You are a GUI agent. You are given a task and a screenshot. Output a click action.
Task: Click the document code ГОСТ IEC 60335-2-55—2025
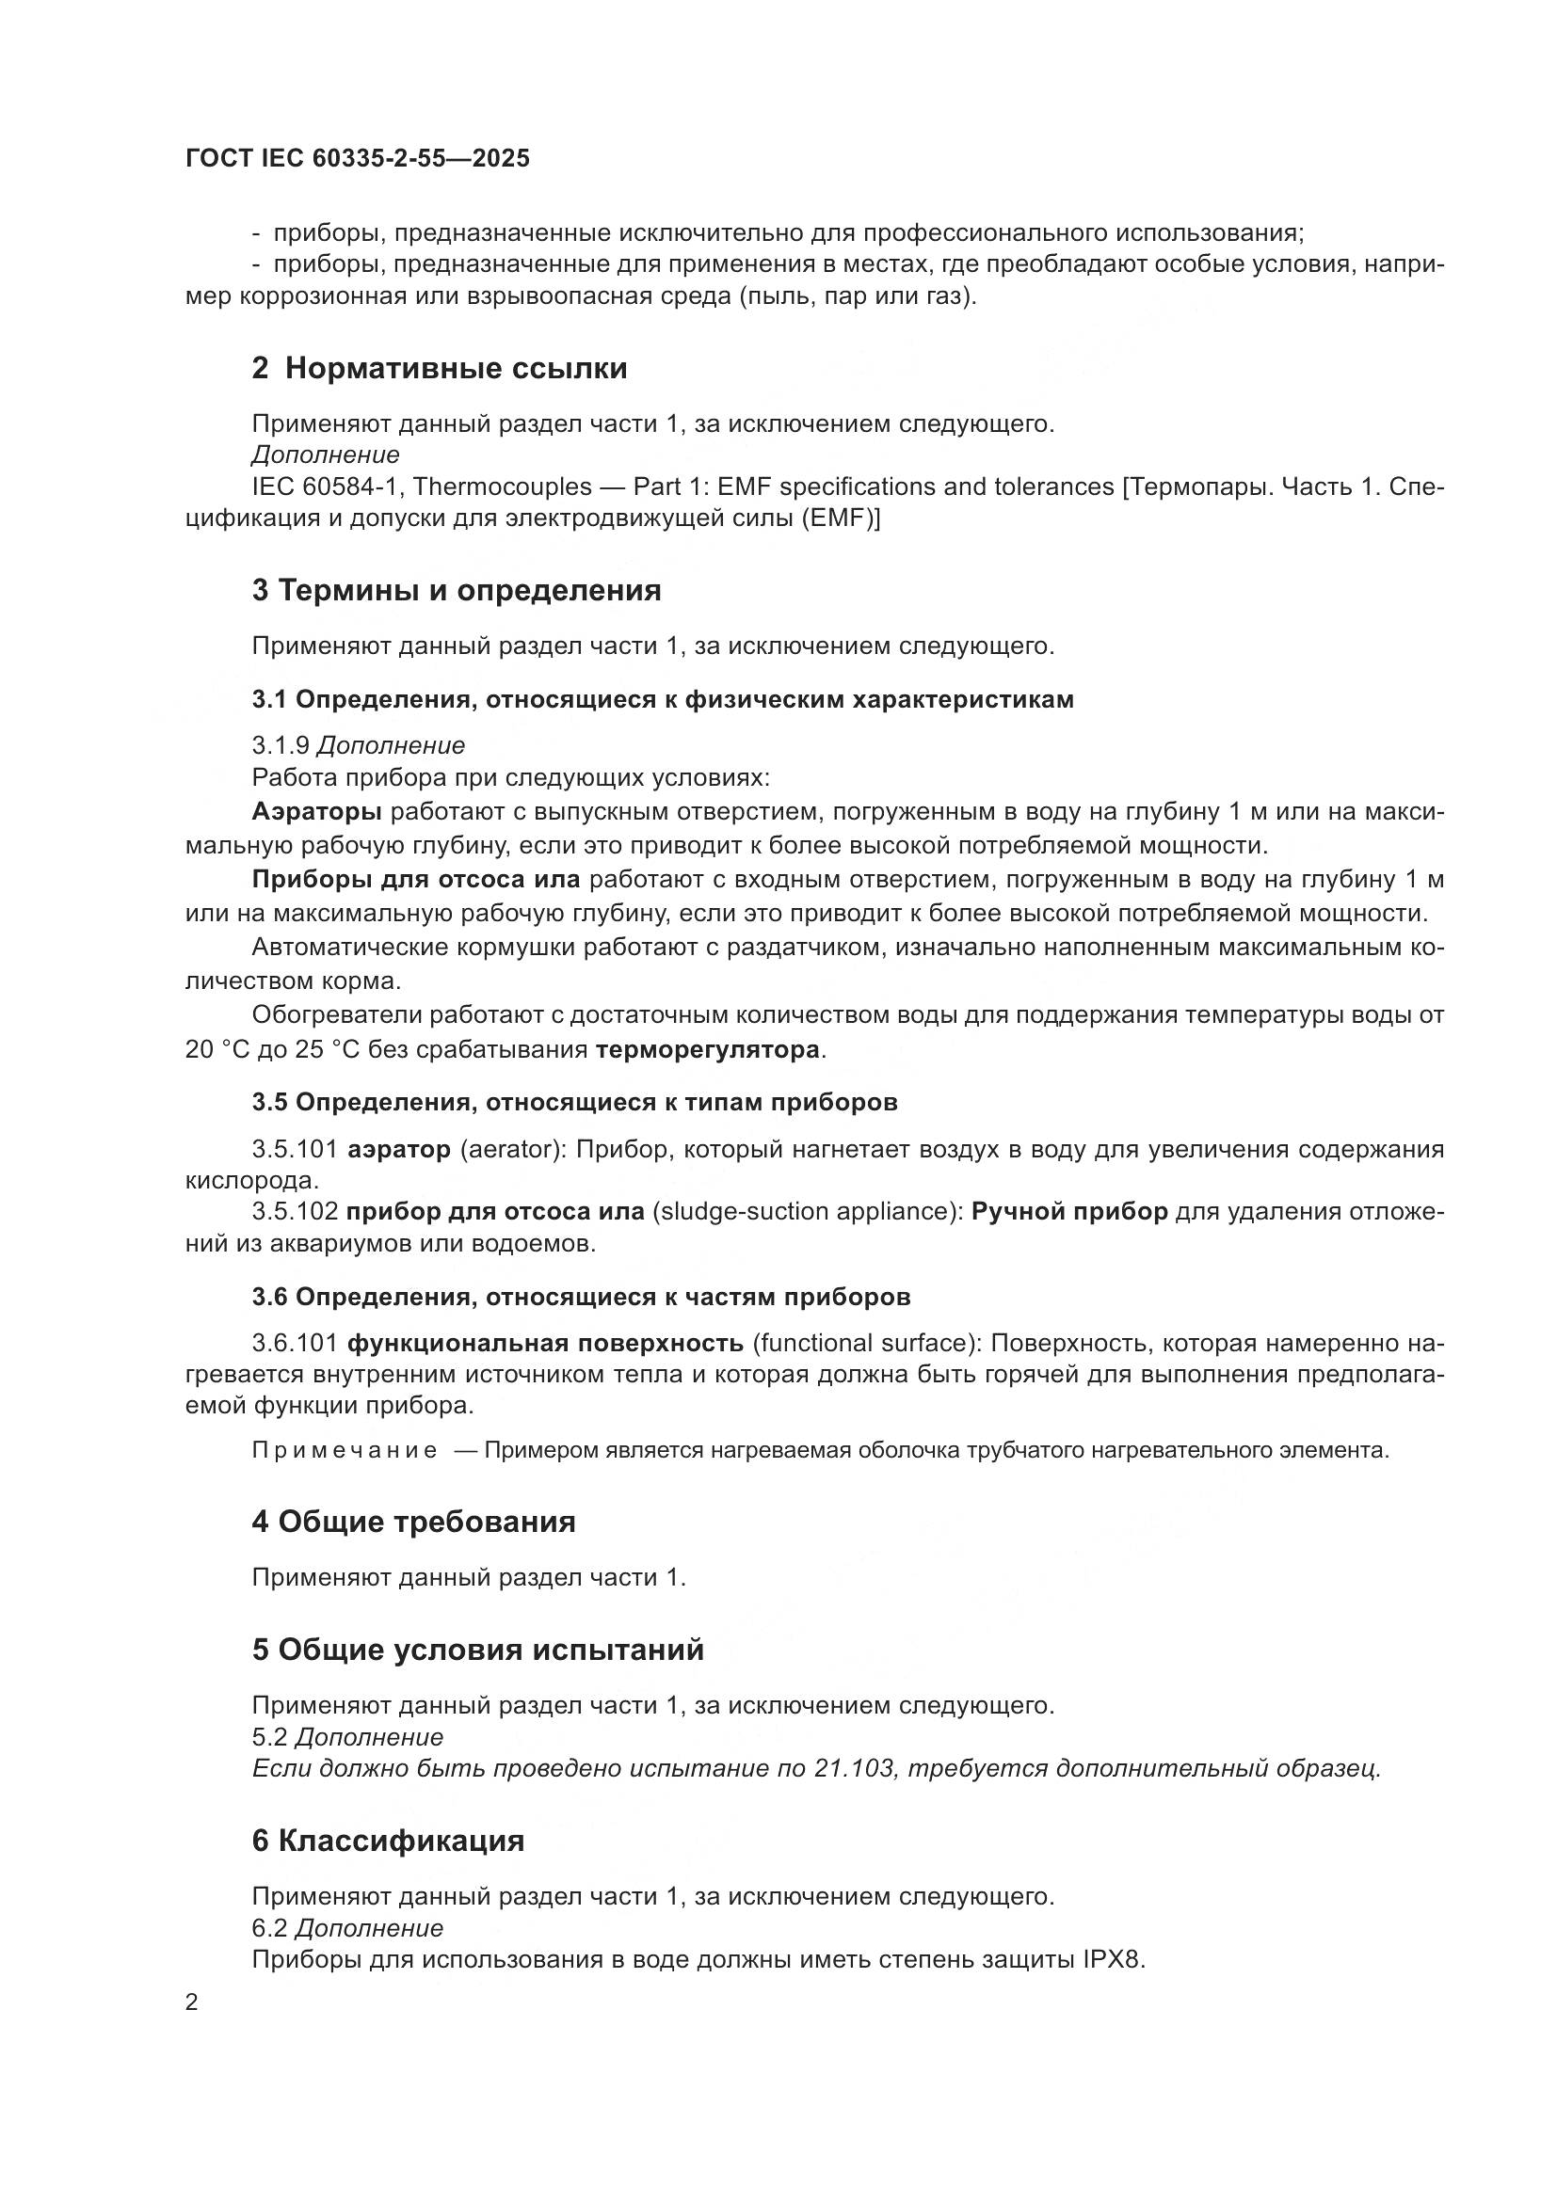click(x=357, y=159)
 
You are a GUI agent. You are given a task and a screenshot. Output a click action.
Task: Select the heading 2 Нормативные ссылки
click(x=439, y=368)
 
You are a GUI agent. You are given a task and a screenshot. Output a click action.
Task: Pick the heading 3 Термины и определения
click(x=457, y=591)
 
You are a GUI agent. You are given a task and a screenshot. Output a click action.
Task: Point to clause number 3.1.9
click(x=280, y=745)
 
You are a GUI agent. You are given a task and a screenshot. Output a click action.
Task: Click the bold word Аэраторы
click(x=316, y=812)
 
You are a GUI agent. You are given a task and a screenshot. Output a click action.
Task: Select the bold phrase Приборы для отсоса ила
click(x=416, y=879)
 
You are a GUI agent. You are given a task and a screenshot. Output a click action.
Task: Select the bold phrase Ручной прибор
click(x=1069, y=1211)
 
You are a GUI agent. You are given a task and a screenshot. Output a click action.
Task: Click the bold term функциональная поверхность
click(x=544, y=1343)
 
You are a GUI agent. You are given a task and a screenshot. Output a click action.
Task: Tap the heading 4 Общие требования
click(x=413, y=1523)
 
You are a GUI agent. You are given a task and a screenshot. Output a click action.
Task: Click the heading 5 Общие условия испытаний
click(x=477, y=1650)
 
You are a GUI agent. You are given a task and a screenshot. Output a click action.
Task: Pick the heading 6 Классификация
click(x=387, y=1841)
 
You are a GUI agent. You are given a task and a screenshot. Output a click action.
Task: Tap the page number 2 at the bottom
click(x=192, y=2002)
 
